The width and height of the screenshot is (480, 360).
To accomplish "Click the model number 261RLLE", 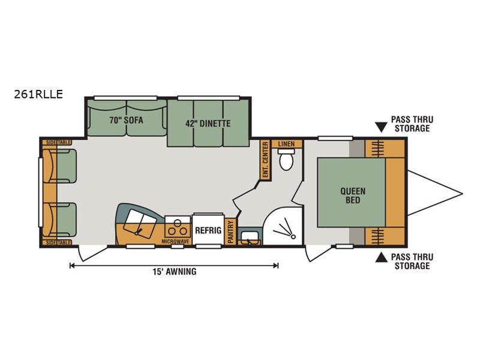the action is tap(38, 94).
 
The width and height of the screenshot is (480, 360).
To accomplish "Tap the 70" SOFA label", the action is tap(126, 121).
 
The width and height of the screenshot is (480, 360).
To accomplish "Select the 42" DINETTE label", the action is tap(208, 124).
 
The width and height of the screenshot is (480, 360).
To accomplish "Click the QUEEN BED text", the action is tap(353, 196).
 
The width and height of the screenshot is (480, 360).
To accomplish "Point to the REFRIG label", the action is tap(208, 230).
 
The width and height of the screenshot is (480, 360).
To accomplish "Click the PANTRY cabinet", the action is tap(230, 232).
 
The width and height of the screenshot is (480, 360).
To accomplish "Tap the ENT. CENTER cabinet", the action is tap(265, 160).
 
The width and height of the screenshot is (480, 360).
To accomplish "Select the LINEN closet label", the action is tap(287, 143).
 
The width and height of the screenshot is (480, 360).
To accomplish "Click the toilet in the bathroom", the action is tap(286, 160).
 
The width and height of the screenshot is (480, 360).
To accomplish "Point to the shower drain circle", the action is tap(293, 236).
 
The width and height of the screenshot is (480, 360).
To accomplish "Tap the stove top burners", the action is tap(177, 230).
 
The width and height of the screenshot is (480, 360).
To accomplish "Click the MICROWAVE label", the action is tap(175, 242).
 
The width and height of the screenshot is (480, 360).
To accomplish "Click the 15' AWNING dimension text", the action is tap(175, 272).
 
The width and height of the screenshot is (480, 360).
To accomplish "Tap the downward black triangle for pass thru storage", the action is tap(381, 127).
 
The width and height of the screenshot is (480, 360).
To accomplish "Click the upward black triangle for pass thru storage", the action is tap(381, 258).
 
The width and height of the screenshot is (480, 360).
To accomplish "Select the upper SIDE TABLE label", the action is tap(56, 142).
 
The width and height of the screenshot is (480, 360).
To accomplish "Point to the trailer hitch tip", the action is tap(462, 193).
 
